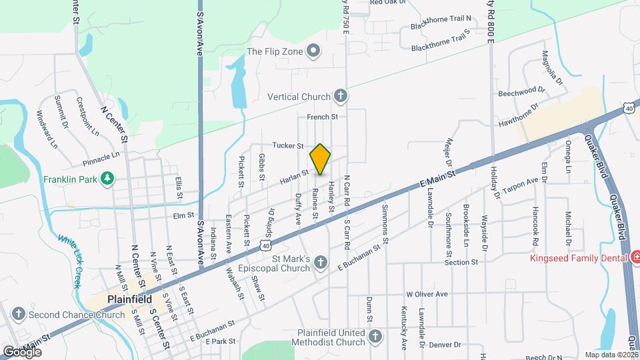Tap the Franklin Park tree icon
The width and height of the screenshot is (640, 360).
point(106,178)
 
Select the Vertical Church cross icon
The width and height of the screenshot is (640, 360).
point(340,96)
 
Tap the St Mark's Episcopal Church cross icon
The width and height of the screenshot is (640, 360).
point(321,261)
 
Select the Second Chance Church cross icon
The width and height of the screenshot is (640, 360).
point(18,315)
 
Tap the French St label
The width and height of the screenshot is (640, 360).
point(323,117)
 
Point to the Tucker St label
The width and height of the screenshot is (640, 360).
point(288,145)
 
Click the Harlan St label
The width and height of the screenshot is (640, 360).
point(294,175)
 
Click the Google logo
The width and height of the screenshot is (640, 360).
point(22,351)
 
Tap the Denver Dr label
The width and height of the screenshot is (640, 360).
point(445,345)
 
